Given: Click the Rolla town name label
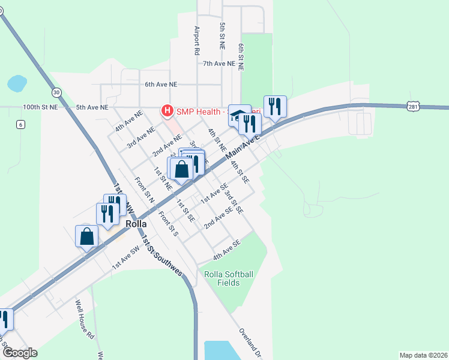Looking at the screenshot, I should (x=136, y=223).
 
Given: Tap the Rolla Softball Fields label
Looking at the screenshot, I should (x=229, y=278).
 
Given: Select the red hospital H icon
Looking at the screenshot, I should (x=166, y=111).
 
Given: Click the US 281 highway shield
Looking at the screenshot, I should (x=412, y=106).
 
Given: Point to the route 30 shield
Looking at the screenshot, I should (x=56, y=92).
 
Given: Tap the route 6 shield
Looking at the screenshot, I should (x=20, y=124).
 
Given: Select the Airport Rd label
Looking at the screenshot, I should (x=196, y=40).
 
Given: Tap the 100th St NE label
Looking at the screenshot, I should (x=40, y=107).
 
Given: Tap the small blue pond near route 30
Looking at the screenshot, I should (x=17, y=83).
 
